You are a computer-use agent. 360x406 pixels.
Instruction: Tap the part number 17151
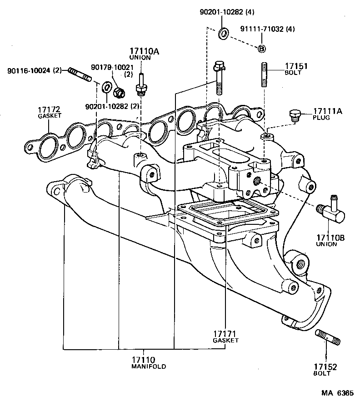point(296,66)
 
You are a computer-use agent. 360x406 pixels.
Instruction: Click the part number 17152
point(325,367)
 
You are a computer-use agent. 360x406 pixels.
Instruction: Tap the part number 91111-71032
point(262,29)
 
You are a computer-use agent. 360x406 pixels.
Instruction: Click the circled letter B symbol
point(262,49)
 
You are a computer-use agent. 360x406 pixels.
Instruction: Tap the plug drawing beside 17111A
point(295,116)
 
